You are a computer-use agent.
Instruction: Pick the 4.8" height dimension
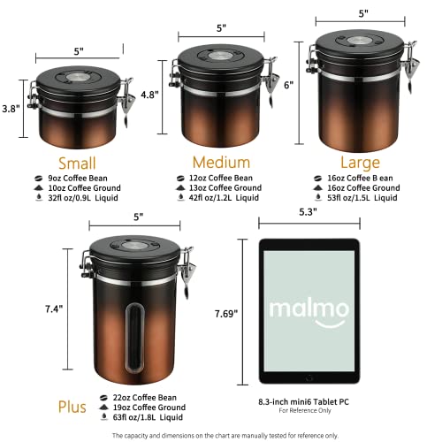(x=149, y=95)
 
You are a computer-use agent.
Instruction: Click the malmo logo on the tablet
(x=301, y=309)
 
